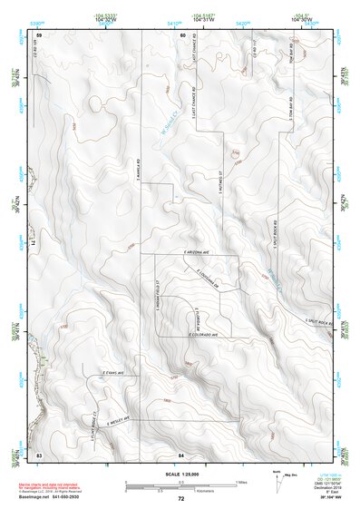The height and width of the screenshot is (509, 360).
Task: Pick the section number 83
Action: [39, 452]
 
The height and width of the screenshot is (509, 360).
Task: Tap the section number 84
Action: [182, 452]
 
